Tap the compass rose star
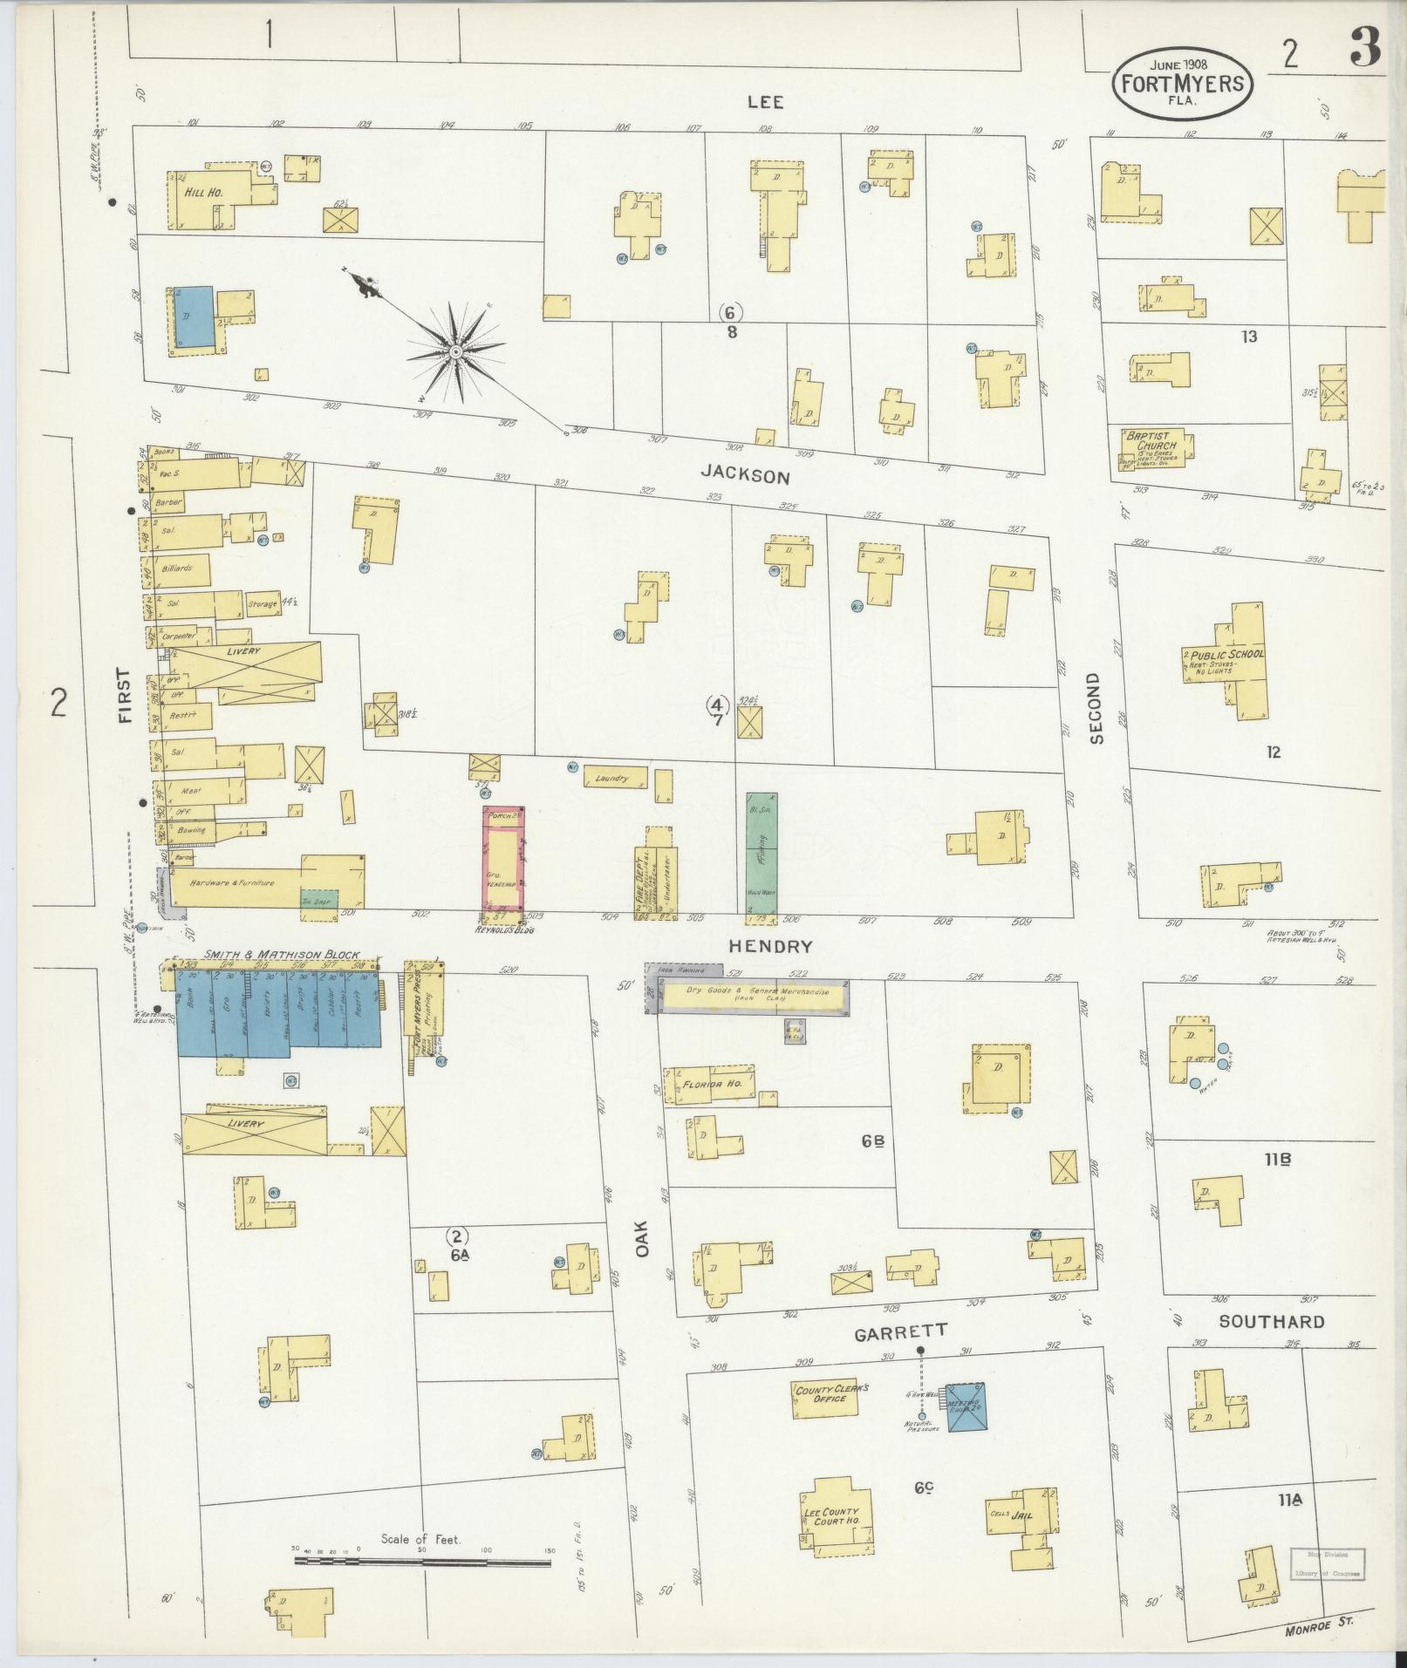point(455,351)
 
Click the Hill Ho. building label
point(202,192)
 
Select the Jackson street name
point(745,476)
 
